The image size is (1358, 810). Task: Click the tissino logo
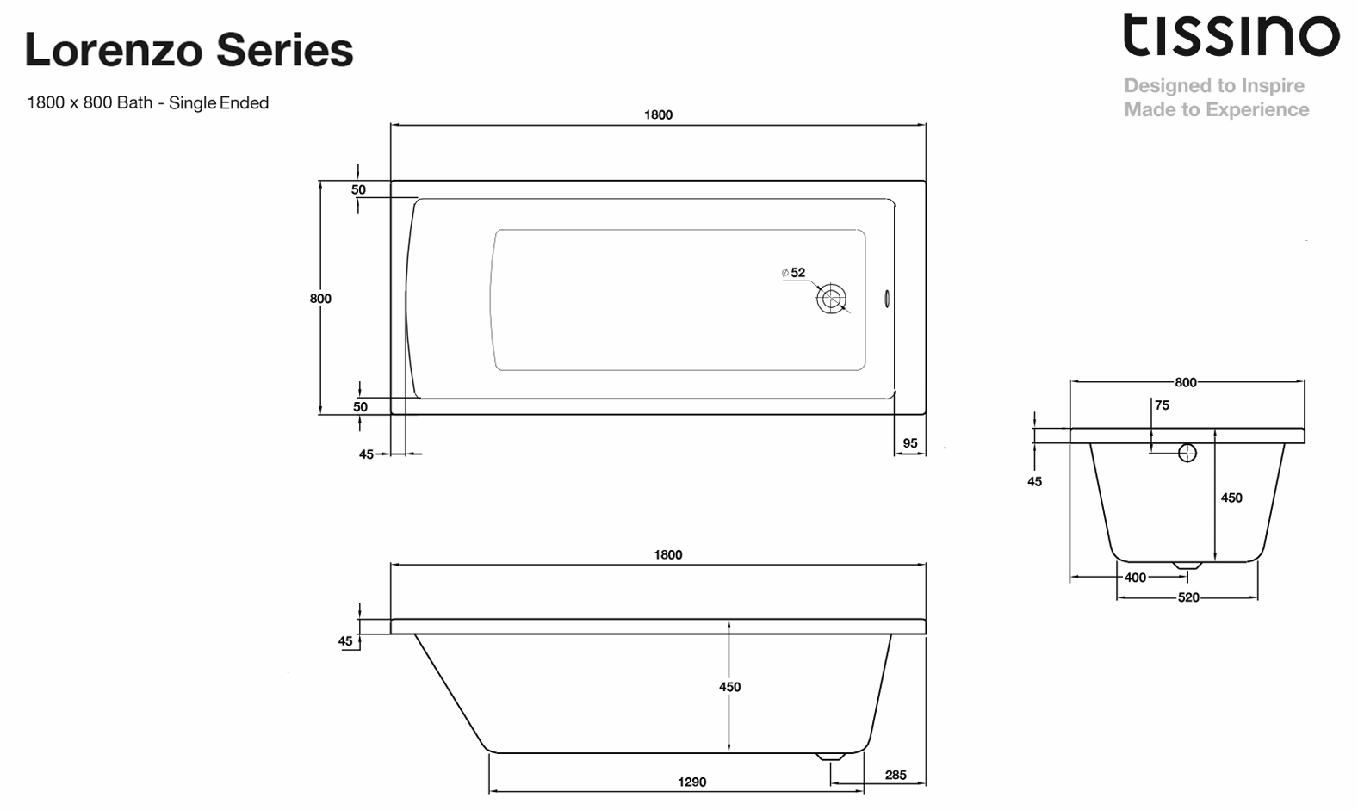coord(1231,37)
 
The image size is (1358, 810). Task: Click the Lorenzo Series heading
coord(189,50)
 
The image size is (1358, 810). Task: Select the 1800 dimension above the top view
coord(658,114)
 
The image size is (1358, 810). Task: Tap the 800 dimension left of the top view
coord(320,299)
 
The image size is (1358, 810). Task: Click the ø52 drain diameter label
coord(794,273)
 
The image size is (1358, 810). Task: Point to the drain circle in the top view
coord(831,300)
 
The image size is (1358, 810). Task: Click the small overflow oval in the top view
coord(887,300)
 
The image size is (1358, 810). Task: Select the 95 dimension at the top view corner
coord(910,443)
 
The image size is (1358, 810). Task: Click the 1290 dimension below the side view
coord(691,782)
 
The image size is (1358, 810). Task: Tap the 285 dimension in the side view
coord(895,775)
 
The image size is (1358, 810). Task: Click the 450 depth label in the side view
coord(729,687)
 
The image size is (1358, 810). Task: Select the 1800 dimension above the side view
coord(667,555)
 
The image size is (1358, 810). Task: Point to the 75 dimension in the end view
coord(1162,405)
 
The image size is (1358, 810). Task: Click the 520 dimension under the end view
coord(1187,597)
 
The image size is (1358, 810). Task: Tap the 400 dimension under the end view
coord(1135,578)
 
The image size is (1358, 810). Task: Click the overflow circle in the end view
coord(1187,453)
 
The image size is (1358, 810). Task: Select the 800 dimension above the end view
coord(1186,382)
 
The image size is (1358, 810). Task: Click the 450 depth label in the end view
coord(1231,498)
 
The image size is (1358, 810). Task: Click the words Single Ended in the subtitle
coord(219,103)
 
